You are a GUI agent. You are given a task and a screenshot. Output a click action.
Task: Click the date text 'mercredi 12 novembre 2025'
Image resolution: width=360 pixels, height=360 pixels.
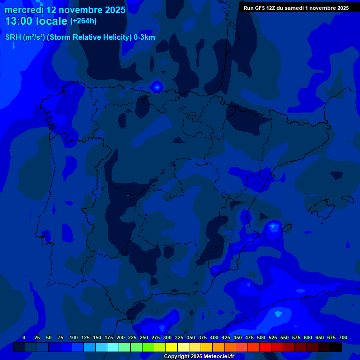click(x=65, y=10)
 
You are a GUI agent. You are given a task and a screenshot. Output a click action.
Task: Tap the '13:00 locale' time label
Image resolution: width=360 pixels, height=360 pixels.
click(x=36, y=21)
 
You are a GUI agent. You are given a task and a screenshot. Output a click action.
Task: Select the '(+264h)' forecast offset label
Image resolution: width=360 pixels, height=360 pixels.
click(x=83, y=21)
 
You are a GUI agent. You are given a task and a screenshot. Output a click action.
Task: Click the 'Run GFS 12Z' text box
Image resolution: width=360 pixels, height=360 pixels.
click(x=296, y=7)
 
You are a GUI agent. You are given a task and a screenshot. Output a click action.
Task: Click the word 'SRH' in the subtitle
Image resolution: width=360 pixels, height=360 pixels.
click(x=13, y=37)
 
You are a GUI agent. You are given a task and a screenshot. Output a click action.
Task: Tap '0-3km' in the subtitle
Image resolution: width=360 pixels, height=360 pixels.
click(x=144, y=37)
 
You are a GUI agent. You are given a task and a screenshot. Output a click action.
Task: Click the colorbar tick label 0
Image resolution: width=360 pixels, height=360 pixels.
click(x=24, y=337)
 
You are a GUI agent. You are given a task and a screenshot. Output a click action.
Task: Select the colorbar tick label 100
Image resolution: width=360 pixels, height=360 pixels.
click(x=74, y=337)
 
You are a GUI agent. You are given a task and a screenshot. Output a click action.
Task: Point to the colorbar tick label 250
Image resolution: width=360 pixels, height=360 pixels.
click(x=144, y=337)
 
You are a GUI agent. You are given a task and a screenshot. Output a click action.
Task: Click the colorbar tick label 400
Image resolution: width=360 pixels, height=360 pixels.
click(x=214, y=337)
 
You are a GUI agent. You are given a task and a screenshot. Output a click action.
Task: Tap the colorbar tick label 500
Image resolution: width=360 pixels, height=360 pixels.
click(x=261, y=337)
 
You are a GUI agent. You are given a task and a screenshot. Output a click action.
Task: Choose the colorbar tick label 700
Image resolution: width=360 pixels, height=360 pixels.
click(x=343, y=337)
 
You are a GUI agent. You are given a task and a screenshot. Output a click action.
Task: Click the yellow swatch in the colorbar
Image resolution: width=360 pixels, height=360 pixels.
click(x=172, y=347)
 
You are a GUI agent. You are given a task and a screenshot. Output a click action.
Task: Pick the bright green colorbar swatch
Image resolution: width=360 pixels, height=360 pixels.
click(x=148, y=347)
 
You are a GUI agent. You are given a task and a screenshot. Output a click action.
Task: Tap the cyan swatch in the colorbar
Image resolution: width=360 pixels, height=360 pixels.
click(x=113, y=347)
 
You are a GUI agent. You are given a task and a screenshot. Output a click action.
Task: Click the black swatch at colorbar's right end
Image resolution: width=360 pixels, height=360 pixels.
click(x=336, y=347)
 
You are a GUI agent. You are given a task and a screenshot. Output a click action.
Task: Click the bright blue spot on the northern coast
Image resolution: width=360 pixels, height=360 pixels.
click(x=157, y=86)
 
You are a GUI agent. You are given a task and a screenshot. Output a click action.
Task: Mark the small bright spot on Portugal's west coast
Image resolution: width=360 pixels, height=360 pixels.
click(x=45, y=233)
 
